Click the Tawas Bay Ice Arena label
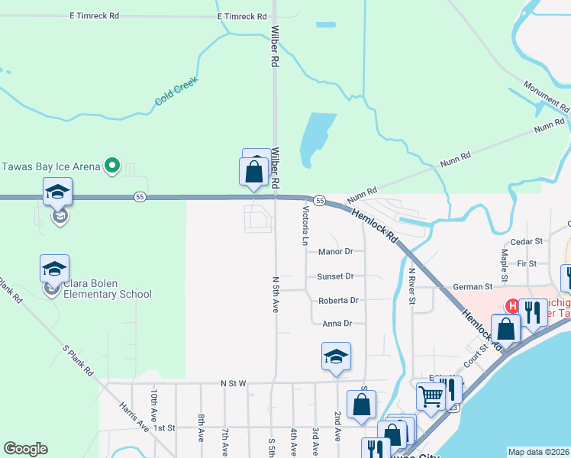pos(50,166)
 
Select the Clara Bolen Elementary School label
pos(107,289)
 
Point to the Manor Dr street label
pos(336,251)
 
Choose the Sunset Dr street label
pos(336,276)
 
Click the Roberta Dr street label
pos(338,300)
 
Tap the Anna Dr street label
pos(337,324)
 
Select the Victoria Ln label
pos(305,225)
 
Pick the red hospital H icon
pos(514,306)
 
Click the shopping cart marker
pos(431,395)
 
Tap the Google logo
pos(25,449)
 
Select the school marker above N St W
pos(336,356)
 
